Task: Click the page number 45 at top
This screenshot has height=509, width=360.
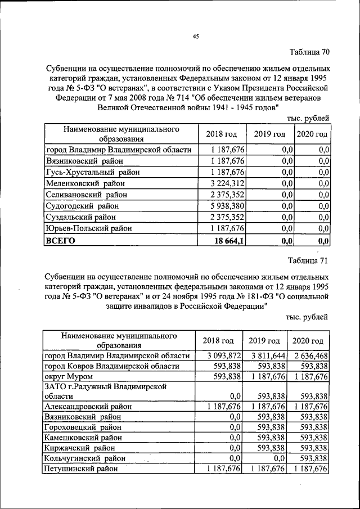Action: (196, 37)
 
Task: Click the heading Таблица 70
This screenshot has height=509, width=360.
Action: (309, 53)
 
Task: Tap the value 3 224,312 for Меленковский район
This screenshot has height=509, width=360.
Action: (227, 183)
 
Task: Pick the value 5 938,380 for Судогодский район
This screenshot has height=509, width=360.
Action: (227, 206)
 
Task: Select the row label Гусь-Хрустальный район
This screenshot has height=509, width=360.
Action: (93, 172)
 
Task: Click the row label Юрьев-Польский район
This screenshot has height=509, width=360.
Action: (89, 228)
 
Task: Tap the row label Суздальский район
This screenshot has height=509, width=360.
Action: (83, 217)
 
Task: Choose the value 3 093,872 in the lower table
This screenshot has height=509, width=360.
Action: (224, 355)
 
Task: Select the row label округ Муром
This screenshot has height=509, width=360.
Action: (66, 376)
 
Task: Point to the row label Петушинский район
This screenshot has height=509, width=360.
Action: (82, 468)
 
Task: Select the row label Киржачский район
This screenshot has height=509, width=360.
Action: (80, 448)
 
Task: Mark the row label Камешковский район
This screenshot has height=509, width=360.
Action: (83, 437)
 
